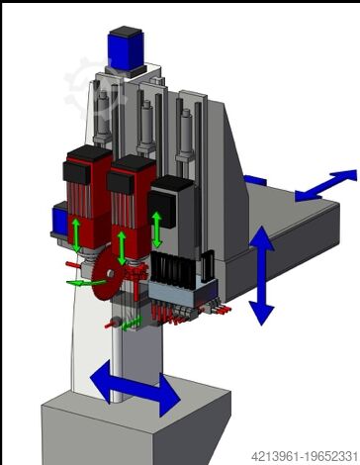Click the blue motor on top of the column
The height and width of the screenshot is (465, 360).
126,49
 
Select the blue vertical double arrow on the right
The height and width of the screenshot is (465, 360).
261,276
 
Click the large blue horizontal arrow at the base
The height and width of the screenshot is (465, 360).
135,389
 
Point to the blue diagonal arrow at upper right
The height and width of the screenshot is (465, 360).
325,185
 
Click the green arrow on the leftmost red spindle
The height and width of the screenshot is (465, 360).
76,234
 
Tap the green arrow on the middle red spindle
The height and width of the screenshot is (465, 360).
122,247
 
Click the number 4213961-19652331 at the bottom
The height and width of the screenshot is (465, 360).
305,457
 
